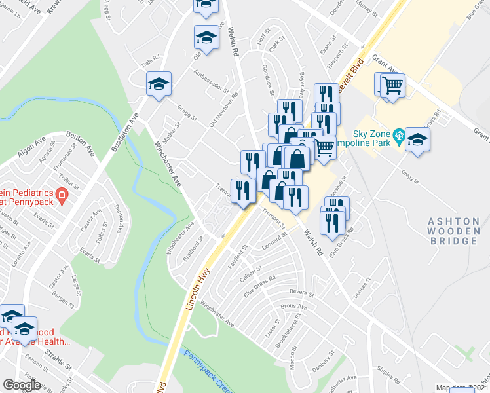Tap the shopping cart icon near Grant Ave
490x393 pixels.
pyautogui.click(x=392, y=84)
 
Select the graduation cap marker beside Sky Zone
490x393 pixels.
pyautogui.click(x=417, y=140)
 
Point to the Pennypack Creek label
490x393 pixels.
pyautogui.click(x=208, y=370)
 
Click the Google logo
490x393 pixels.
pyautogui.click(x=22, y=384)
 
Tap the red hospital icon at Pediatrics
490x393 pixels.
pyautogui.click(x=61, y=194)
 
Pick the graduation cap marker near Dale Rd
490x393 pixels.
pyautogui.click(x=159, y=84)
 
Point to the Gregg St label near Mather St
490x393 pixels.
pyautogui.click(x=185, y=111)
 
